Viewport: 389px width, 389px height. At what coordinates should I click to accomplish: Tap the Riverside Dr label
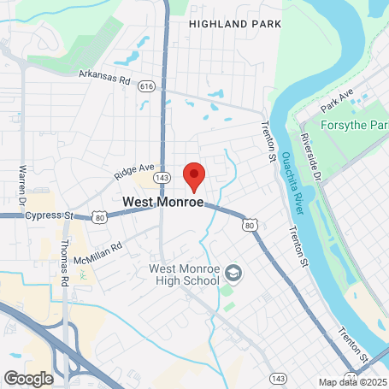tap(309, 156)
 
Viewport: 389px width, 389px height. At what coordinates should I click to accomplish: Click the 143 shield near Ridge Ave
tap(162, 176)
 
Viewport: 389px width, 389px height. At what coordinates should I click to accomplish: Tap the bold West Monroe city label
tap(163, 203)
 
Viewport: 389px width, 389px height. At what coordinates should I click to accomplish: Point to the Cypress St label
tap(48, 215)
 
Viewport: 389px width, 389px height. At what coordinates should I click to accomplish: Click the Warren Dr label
tap(19, 180)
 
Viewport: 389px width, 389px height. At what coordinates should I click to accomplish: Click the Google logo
tap(28, 378)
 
